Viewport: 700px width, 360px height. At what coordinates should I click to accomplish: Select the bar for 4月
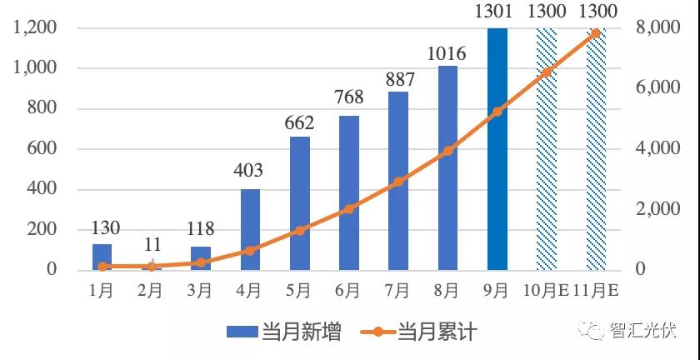point(250,229)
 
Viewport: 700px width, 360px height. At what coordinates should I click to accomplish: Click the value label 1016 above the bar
point(447,54)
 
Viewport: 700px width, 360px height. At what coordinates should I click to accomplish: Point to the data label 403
point(248,171)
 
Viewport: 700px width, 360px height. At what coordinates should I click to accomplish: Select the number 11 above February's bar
point(152,246)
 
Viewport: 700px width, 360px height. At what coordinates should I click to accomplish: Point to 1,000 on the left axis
point(34,68)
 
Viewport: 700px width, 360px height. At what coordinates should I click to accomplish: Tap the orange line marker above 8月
point(447,151)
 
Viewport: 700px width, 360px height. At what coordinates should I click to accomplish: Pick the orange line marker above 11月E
point(596,33)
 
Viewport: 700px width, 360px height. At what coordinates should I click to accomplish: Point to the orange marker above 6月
point(348,209)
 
